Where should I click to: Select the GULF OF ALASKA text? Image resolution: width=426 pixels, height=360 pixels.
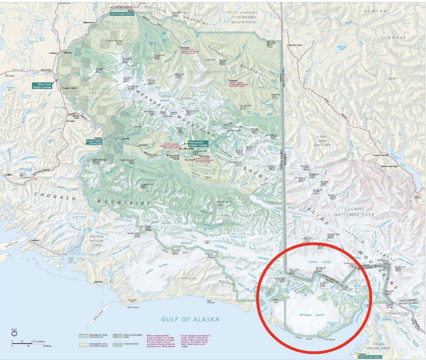[x=190, y=319]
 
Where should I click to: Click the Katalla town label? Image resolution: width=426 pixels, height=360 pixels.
[x=98, y=282]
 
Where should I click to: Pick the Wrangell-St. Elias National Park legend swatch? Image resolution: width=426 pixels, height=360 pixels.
[x=83, y=335]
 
